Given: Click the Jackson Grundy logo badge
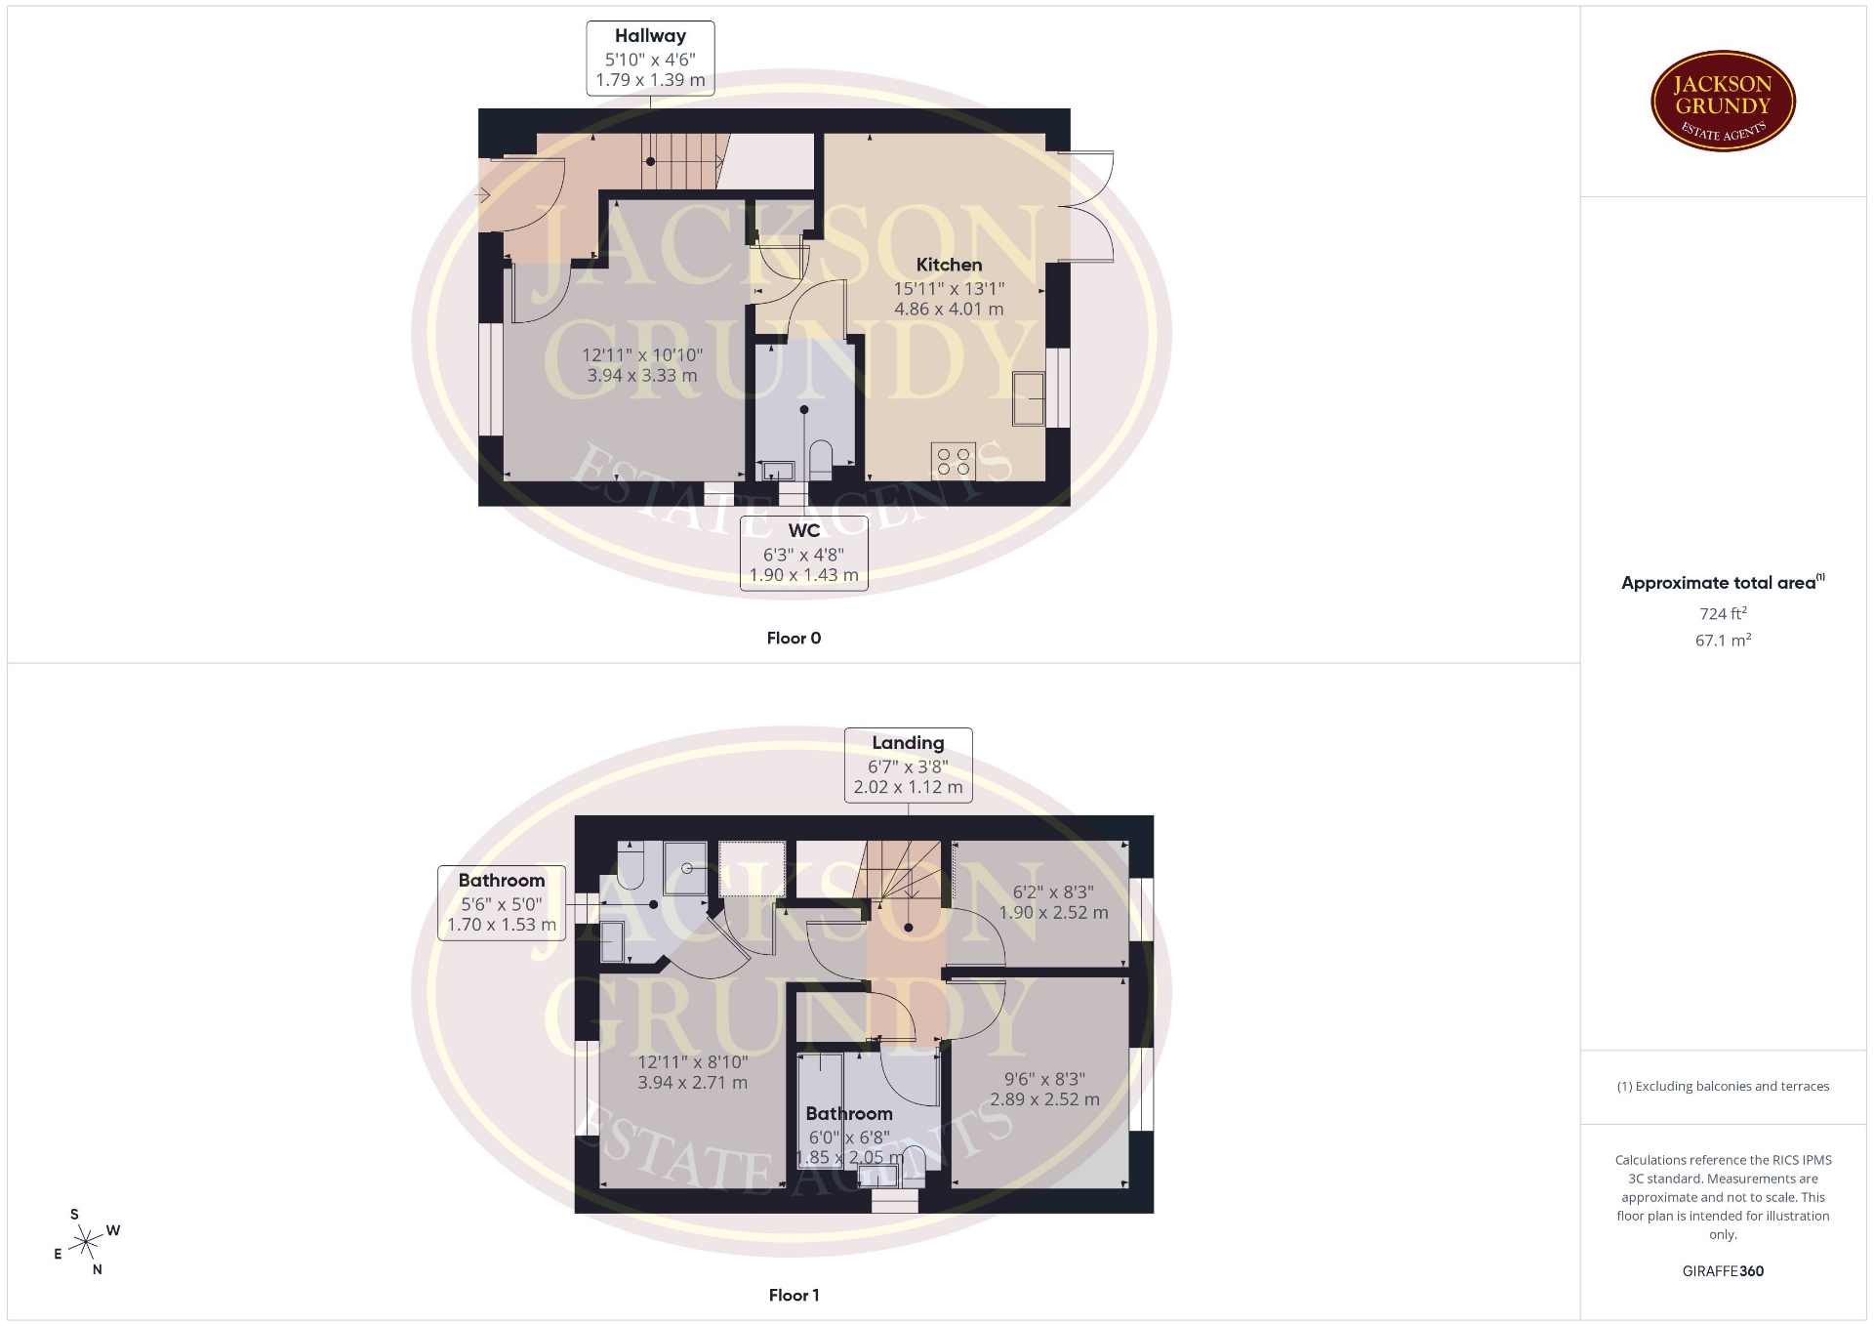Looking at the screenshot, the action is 1723,102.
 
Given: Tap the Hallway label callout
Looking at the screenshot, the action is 650,59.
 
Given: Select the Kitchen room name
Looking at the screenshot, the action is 949,265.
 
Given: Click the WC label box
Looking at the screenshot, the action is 803,554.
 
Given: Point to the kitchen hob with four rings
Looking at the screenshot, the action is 953,462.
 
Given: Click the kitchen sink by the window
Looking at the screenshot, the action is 1029,398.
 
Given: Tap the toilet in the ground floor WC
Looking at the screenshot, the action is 821,461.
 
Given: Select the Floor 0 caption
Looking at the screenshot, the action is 794,639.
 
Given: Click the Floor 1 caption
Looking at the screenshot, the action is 794,1296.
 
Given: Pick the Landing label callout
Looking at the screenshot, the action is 908,766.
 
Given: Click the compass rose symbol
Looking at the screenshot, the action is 87,1242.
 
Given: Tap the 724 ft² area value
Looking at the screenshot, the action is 1723,613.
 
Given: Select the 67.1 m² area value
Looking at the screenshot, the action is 1723,641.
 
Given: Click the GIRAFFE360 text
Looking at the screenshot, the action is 1723,1271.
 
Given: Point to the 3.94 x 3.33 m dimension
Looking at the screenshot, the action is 642,375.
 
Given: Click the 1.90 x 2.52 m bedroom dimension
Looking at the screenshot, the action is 1053,913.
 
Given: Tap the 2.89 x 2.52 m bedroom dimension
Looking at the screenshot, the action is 1044,1099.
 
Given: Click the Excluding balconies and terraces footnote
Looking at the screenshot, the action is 1723,1086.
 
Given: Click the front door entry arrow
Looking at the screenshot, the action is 483,196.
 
